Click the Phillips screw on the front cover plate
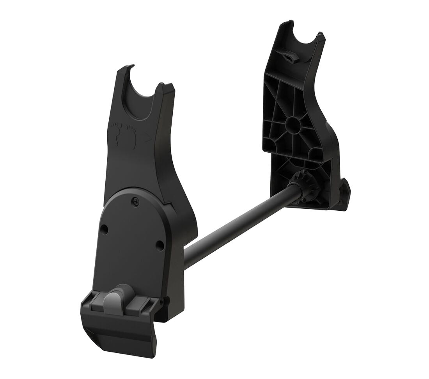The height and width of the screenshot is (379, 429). [135, 201]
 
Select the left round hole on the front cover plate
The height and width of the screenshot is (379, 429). [104, 229]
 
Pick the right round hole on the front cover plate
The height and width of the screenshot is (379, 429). [160, 245]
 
